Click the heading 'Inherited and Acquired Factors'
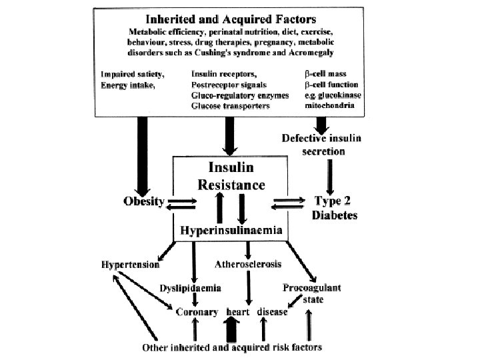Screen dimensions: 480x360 click(231, 19)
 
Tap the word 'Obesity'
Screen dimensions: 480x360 click(144, 201)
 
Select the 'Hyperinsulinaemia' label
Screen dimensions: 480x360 click(231, 230)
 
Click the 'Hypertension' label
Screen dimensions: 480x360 click(131, 265)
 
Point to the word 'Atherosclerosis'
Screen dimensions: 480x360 click(248, 264)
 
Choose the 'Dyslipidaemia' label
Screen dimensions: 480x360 click(190, 288)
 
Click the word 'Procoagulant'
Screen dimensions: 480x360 click(311, 288)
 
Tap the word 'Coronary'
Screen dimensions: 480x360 click(197, 312)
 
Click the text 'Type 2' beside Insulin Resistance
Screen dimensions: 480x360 click(333, 201)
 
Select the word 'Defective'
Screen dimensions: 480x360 click(303, 138)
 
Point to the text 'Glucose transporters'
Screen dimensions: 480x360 click(230, 106)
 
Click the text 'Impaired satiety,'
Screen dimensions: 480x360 click(133, 75)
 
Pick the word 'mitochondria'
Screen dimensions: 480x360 click(329, 105)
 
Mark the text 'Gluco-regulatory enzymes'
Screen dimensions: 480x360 click(240, 95)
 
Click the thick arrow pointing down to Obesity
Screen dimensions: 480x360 click(143, 157)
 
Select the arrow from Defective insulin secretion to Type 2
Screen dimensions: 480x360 click(330, 177)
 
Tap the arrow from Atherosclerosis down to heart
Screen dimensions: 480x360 click(249, 288)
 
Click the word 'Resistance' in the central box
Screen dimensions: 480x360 click(231, 185)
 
